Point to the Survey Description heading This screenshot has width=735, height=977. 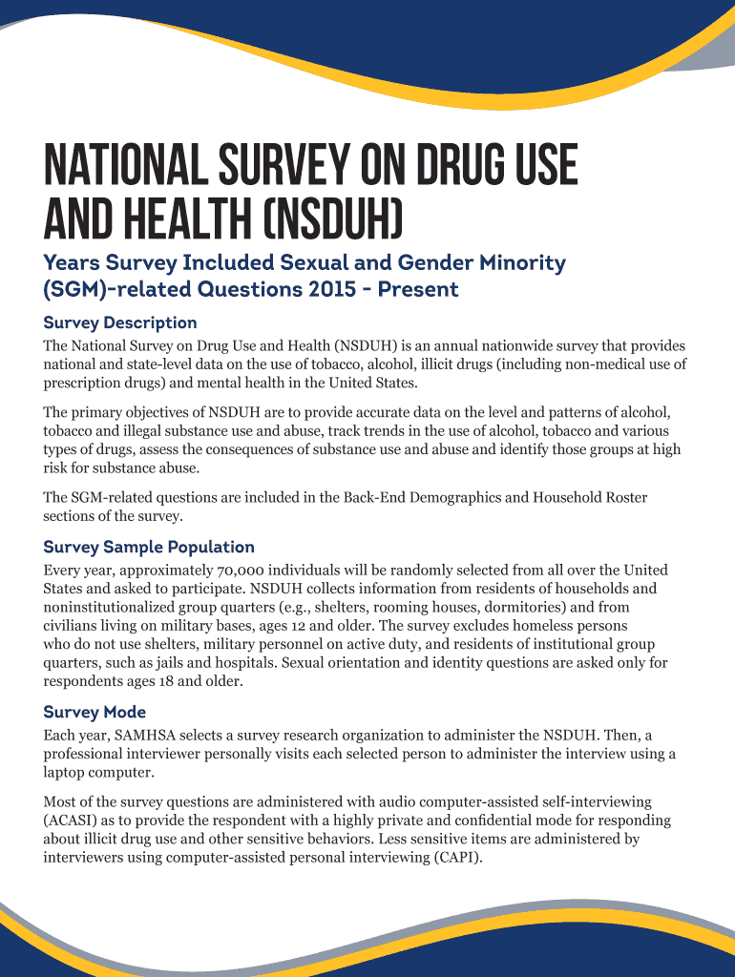120,322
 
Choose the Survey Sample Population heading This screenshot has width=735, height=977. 149,547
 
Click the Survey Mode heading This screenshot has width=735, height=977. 94,712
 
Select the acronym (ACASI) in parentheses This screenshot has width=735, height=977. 72,821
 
